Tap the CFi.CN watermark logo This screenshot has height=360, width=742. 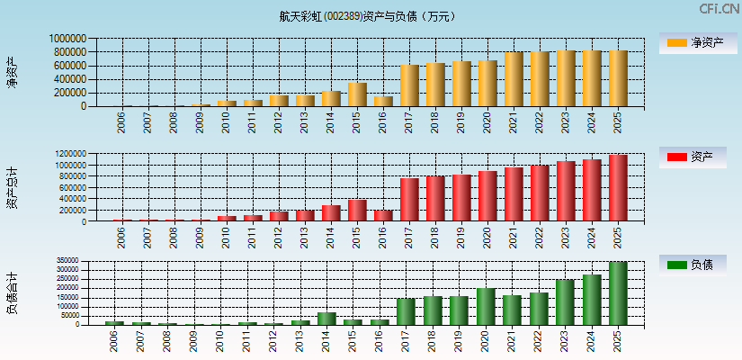pos(719,9)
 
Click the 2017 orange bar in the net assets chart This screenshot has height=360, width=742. pos(410,85)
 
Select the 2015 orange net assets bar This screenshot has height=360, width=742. pos(357,94)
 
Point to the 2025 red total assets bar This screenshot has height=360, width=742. pos(618,188)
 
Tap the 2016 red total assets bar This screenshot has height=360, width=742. pos(383,215)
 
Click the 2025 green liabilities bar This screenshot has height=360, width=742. pos(618,293)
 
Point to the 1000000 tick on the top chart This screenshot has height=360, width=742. pos(69,40)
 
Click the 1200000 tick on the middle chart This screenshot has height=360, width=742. pos(69,155)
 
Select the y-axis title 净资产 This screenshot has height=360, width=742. pos(13,72)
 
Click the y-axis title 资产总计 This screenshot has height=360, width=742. pos(13,188)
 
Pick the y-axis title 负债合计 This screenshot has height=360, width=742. pos(13,293)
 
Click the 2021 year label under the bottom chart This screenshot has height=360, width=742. pos(513,339)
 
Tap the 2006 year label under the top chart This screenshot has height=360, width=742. pos(121,121)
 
